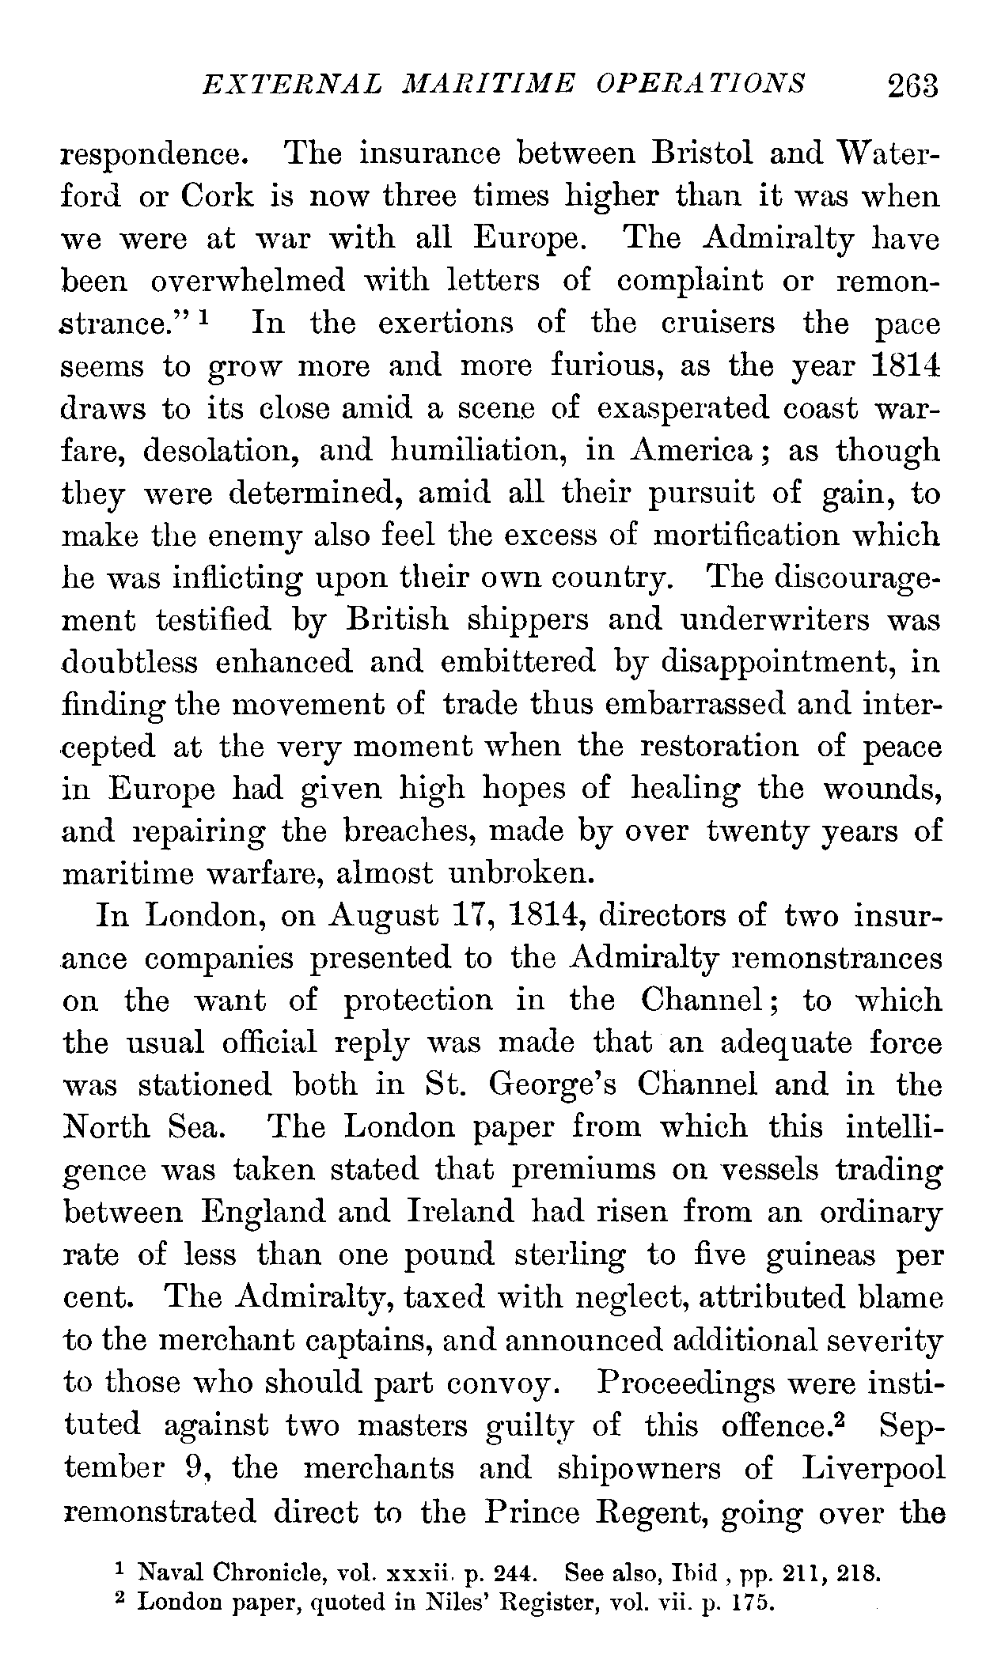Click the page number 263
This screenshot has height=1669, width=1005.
[x=912, y=85]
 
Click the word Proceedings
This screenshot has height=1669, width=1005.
[x=706, y=1383]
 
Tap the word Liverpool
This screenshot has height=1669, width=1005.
[x=873, y=1468]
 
